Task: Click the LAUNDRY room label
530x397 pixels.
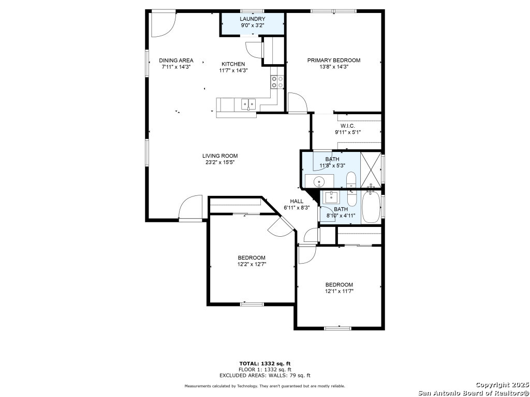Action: click(252, 19)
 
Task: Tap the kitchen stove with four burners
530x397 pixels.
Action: click(277, 82)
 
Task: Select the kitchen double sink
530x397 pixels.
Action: click(248, 104)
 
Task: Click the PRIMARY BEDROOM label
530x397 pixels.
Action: click(333, 60)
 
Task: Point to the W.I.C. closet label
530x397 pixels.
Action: click(347, 126)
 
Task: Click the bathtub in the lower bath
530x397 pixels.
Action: click(371, 207)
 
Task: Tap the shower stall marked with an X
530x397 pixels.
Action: click(371, 170)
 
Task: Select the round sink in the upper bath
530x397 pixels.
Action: click(319, 181)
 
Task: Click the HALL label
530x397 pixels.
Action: click(297, 201)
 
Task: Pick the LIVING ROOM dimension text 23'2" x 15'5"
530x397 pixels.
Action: click(220, 162)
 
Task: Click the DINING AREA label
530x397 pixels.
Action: click(176, 60)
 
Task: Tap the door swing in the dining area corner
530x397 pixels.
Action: click(163, 24)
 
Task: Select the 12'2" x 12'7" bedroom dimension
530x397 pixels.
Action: click(252, 264)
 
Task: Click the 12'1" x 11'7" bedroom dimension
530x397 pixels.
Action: click(339, 291)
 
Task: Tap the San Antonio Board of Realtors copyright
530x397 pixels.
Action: click(474, 392)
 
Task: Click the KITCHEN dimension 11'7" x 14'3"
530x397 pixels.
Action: click(233, 70)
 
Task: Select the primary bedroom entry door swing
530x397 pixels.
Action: click(297, 102)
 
